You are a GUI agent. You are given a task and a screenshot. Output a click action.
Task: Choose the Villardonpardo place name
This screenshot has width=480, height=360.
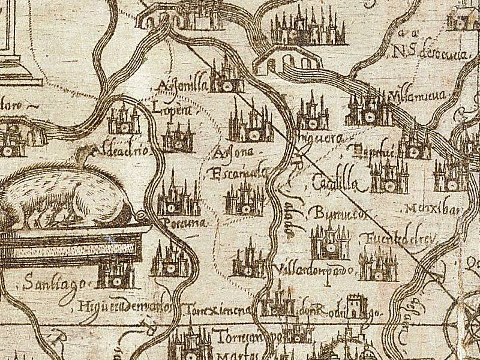(x=314, y=269)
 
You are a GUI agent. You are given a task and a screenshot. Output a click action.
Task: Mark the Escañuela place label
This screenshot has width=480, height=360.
(x=235, y=175)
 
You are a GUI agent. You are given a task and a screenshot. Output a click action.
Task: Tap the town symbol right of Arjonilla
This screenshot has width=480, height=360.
(x=227, y=76)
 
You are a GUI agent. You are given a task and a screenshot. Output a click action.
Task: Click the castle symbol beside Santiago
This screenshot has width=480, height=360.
(x=116, y=273)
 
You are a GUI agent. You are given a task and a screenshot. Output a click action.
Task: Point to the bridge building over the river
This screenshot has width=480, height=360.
(x=286, y=60)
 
